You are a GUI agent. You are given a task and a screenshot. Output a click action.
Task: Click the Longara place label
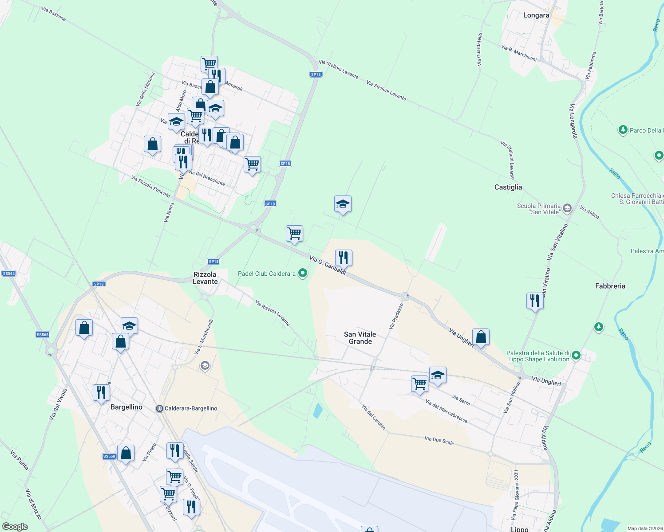536,15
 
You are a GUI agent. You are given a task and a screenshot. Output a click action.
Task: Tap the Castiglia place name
508,187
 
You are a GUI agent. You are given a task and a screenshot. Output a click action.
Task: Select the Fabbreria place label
610,286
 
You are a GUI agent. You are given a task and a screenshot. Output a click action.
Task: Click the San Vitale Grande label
360,338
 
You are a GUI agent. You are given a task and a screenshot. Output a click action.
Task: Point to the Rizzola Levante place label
205,278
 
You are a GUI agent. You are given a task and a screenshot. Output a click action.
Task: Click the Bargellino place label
126,407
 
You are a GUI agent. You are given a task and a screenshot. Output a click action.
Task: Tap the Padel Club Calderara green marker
303,273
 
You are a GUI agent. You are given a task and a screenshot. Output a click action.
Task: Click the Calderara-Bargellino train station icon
159,408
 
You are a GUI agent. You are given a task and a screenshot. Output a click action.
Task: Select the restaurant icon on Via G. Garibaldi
344,258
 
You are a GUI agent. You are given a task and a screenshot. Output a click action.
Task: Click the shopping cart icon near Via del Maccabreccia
419,383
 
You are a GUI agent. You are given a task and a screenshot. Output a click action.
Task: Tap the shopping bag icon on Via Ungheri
481,337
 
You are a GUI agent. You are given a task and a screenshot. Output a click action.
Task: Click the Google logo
15,526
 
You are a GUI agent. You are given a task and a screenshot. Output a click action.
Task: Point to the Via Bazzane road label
54,14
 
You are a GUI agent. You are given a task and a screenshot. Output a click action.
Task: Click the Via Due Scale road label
439,440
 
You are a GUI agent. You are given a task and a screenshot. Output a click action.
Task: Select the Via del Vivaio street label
58,404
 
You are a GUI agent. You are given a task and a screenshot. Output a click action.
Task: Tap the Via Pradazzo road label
396,316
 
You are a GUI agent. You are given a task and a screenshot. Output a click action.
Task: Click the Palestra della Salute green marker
576,355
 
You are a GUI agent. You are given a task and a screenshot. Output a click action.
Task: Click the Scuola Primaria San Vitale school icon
567,208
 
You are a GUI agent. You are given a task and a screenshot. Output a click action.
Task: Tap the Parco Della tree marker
623,130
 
